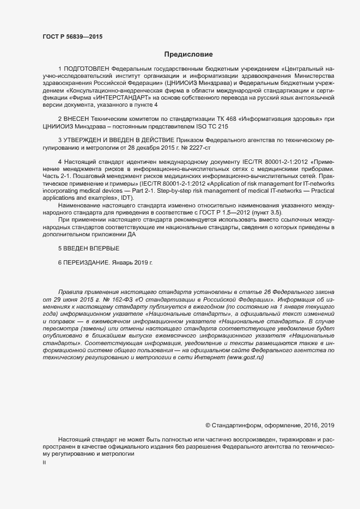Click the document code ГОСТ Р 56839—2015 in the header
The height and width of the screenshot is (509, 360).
(72, 36)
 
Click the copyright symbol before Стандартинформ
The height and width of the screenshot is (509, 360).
(208, 424)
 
